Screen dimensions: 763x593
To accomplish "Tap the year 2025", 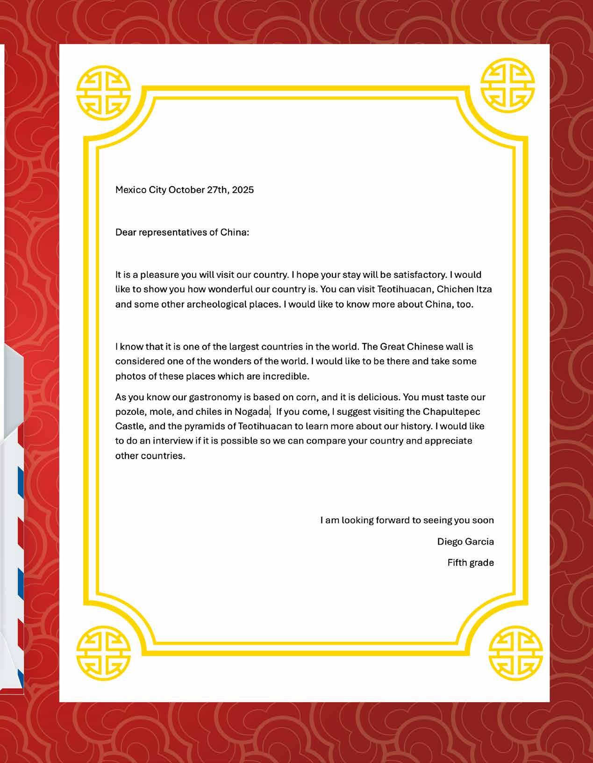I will click(243, 190).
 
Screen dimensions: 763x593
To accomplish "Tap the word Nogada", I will click(252, 412).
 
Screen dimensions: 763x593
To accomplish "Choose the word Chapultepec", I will click(451, 412).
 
